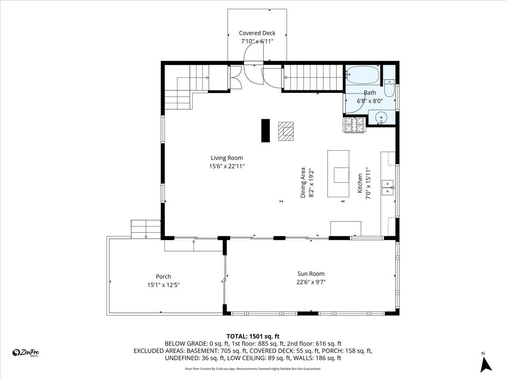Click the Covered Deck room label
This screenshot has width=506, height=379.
[x=257, y=33]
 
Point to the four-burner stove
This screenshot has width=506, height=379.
[x=355, y=125]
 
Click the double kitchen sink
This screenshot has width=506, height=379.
[x=388, y=188]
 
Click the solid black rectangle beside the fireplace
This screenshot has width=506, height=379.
[x=265, y=131]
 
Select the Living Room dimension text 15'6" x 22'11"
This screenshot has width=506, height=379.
[x=227, y=166]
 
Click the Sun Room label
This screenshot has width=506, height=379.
[x=311, y=274]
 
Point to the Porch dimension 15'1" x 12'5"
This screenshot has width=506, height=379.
[x=163, y=285]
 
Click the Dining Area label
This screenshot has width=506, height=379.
[x=303, y=183]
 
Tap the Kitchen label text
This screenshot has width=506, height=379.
[x=360, y=183]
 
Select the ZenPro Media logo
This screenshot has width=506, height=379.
[x=26, y=353]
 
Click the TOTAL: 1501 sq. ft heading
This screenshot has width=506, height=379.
[x=253, y=336]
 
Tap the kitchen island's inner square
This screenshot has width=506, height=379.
[x=341, y=175]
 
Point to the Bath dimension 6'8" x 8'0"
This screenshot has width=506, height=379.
[x=370, y=101]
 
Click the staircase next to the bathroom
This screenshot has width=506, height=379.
[x=312, y=77]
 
